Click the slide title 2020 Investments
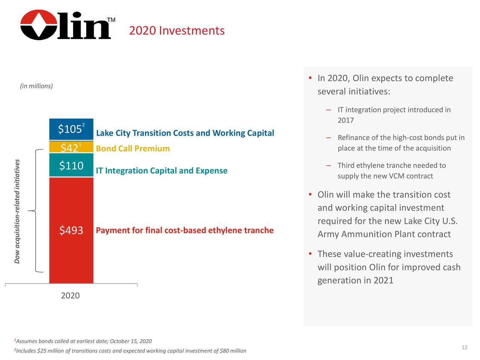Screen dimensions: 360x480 (177, 30)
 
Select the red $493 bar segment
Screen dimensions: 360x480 (71, 230)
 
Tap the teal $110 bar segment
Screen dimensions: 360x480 (71, 165)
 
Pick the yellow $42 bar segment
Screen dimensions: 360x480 (71, 147)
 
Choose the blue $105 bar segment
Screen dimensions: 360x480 (71, 129)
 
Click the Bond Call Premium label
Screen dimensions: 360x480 (133, 148)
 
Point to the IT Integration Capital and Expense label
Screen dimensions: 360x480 (162, 171)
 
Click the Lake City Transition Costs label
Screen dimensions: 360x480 (185, 133)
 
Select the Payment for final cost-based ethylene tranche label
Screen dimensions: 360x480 (184, 230)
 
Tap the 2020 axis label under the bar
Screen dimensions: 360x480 (70, 295)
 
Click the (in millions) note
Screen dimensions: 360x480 (36, 86)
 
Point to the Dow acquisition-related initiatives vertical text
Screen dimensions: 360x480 (17, 211)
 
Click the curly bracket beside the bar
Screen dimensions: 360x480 (36, 210)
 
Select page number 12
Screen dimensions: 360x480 (464, 347)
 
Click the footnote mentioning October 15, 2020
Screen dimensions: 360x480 (83, 341)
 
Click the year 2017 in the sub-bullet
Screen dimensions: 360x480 (345, 120)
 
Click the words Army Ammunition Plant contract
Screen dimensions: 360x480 (384, 234)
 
